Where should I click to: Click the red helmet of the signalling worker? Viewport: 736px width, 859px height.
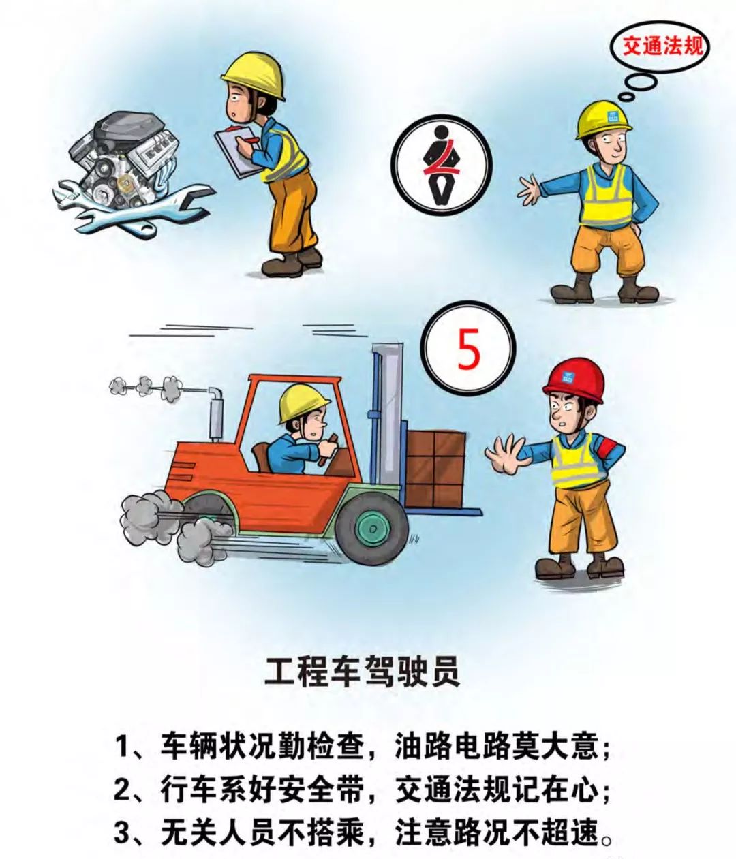[574, 379]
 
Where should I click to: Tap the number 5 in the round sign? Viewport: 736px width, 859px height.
[468, 349]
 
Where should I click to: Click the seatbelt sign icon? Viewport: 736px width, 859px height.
[442, 166]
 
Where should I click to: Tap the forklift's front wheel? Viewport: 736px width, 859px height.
[372, 528]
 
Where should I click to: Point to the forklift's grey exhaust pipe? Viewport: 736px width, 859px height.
[215, 413]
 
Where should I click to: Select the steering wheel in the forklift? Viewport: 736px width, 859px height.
[330, 447]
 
